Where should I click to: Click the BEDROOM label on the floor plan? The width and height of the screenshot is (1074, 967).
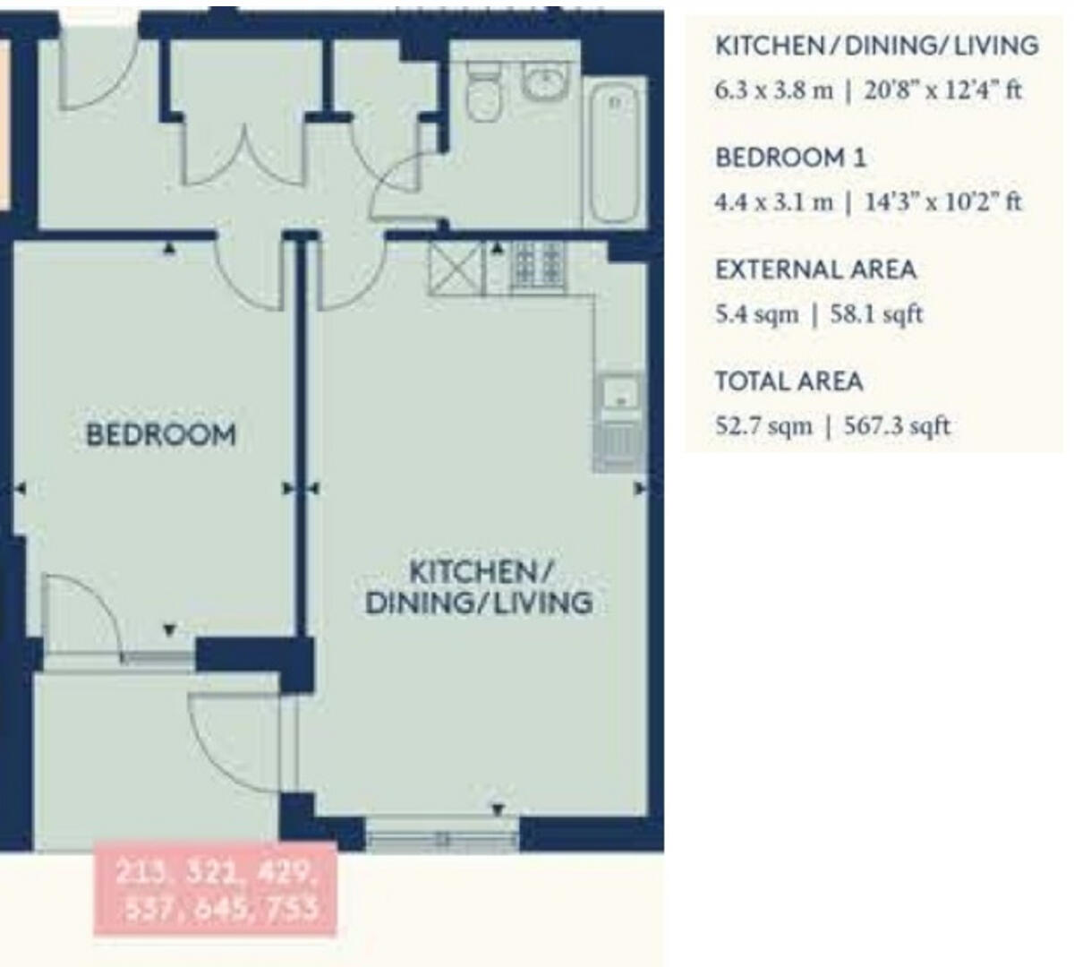161,434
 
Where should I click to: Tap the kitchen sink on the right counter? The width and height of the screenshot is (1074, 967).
618,394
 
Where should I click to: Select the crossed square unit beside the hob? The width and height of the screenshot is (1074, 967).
456,268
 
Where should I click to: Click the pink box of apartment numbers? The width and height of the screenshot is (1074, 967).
215,889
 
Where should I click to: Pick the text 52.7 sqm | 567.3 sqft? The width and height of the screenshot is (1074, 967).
831,425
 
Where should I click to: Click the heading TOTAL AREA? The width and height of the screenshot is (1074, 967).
788,381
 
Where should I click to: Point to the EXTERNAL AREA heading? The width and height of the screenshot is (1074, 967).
815,270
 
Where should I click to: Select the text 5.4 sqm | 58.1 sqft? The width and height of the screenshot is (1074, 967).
818,314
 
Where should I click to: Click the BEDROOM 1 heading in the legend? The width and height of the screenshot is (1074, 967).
790,158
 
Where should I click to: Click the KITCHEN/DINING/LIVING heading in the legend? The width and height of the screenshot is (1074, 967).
876,46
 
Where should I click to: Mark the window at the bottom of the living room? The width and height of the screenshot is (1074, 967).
443,838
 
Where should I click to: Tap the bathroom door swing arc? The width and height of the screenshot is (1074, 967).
394,184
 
